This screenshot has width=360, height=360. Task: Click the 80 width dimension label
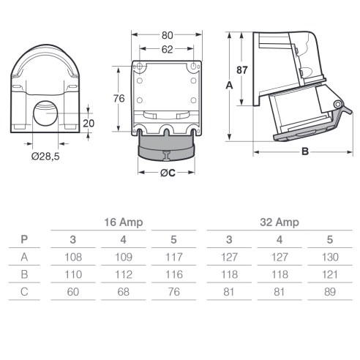point(167,35)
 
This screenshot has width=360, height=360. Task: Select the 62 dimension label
point(167,50)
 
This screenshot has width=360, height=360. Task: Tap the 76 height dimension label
point(119,99)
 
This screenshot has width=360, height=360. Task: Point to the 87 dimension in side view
point(242,70)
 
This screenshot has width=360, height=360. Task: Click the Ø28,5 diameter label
point(45,157)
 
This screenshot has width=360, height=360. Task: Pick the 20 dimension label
point(89,124)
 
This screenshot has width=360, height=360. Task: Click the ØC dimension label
point(168,173)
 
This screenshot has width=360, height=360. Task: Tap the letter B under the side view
point(305,151)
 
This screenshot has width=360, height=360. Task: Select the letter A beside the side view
point(229,86)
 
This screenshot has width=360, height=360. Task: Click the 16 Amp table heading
point(124,222)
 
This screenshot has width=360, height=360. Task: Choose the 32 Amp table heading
point(280,222)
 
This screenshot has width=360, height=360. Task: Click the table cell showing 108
point(73,257)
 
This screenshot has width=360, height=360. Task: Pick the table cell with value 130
point(330,257)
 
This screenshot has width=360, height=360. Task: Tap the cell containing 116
point(174,274)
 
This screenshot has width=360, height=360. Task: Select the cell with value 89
point(330,292)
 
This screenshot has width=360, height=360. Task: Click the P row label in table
point(24,239)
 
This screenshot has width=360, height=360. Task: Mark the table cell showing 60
point(73,292)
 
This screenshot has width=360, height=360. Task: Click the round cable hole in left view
point(45,113)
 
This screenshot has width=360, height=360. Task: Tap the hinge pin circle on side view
point(338,105)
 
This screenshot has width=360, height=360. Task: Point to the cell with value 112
point(124,274)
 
